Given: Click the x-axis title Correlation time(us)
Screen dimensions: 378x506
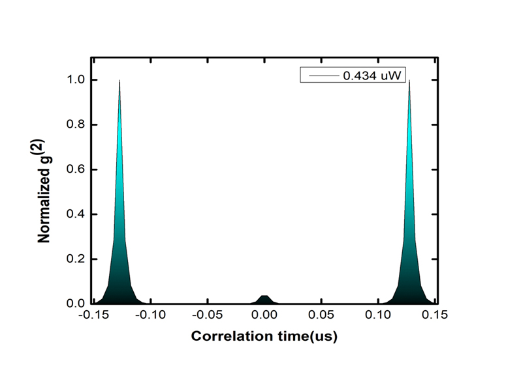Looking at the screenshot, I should pos(264,336).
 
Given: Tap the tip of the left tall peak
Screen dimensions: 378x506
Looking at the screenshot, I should pos(119,81).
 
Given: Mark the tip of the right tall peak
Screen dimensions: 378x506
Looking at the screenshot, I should pos(409,81).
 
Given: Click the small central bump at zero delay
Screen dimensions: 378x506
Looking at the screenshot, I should pos(264,299).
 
